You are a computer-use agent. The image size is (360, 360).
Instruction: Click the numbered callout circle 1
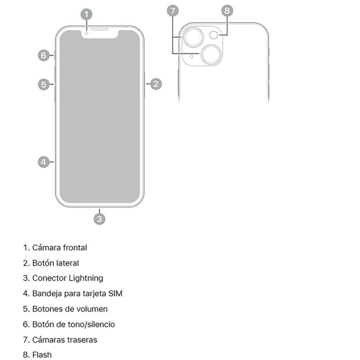[86, 14]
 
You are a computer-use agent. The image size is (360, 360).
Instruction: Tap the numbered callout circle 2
[156, 84]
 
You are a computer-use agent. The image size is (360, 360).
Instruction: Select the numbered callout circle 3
[99, 219]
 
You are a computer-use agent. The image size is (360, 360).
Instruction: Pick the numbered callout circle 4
[44, 162]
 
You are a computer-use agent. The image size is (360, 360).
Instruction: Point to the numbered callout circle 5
[44, 84]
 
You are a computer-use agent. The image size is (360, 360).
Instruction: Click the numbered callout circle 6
[44, 55]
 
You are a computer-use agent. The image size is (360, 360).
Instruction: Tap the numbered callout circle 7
[173, 10]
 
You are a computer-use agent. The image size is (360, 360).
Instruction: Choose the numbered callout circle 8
[227, 10]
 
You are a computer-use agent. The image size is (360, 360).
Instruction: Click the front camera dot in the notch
[86, 33]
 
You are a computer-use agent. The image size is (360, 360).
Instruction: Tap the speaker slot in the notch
[100, 29]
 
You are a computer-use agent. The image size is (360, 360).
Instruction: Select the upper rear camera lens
[194, 37]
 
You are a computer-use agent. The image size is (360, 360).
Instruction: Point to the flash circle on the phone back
[214, 35]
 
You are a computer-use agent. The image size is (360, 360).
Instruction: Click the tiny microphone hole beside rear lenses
[191, 57]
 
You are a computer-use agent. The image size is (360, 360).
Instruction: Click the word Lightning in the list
[86, 279]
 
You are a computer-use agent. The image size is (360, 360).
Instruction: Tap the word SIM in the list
[115, 293]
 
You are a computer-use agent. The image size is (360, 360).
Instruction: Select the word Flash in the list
[42, 355]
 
